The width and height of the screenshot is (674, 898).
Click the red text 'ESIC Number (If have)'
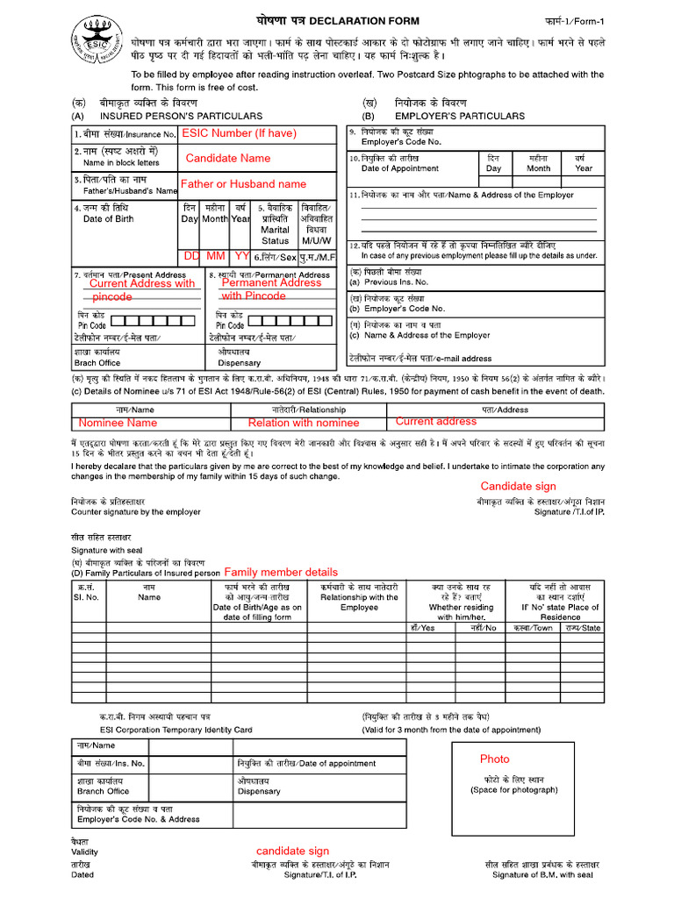tap(239, 133)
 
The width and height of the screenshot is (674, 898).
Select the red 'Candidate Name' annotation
tap(228, 159)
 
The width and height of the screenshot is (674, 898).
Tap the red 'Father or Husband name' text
tap(243, 184)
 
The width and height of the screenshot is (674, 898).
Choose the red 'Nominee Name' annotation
tap(118, 423)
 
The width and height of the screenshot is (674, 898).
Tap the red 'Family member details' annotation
tap(281, 572)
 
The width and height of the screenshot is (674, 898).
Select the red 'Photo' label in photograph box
tap(494, 759)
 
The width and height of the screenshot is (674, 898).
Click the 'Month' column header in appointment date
tap(538, 168)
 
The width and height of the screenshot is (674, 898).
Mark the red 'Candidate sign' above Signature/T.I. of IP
tap(518, 487)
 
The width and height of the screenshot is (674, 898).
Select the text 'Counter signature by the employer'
tap(136, 511)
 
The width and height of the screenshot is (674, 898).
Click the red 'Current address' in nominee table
tap(436, 422)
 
